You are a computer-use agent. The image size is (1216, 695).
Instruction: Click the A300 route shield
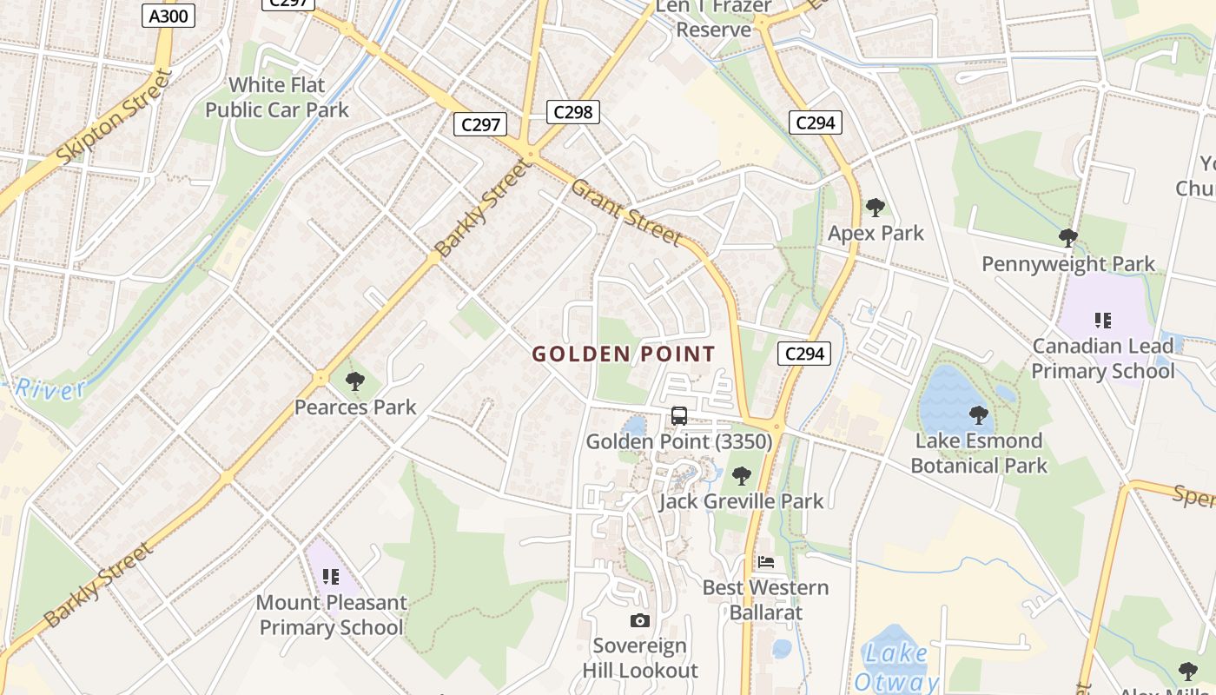tap(169, 15)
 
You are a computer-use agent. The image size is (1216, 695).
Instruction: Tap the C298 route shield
tap(573, 111)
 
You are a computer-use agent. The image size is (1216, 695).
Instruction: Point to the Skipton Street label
tap(114, 117)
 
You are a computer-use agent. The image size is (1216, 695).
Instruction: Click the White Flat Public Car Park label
tap(277, 97)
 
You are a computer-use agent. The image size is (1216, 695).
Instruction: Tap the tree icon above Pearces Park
tap(354, 381)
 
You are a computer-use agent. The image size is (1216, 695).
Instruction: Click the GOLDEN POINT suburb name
tap(624, 354)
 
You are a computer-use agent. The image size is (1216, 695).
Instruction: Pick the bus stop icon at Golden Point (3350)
tap(679, 416)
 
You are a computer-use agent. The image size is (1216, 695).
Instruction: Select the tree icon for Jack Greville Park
tap(741, 475)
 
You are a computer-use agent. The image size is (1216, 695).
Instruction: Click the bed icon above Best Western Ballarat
tap(765, 561)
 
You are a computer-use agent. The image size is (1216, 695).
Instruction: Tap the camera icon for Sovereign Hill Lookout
tap(640, 620)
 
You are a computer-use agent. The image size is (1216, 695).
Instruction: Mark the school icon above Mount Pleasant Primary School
tap(330, 576)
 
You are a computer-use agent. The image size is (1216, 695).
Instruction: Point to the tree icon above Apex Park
tap(876, 208)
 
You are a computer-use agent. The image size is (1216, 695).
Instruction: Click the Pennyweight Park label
tap(1068, 264)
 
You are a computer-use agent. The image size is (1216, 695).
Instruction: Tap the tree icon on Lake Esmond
tap(979, 415)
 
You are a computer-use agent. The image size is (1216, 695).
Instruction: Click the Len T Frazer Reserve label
tap(713, 18)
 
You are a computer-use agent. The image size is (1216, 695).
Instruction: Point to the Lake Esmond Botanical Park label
tap(979, 453)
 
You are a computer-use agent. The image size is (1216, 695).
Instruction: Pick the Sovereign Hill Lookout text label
tap(640, 658)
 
